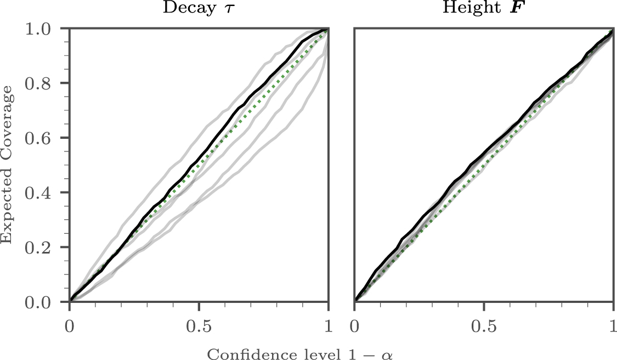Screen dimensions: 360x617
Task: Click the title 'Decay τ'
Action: click(199, 11)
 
